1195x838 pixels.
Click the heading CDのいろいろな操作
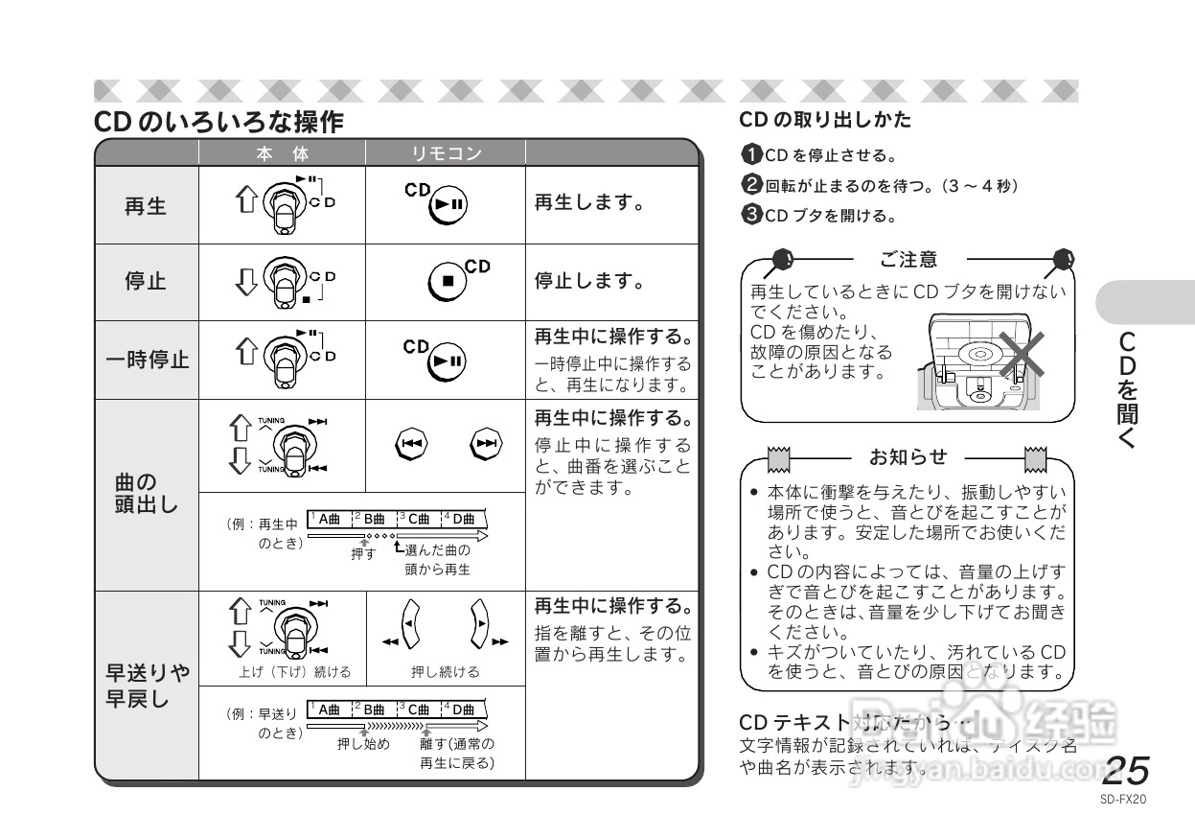[x=218, y=123]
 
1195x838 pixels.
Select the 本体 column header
[x=282, y=153]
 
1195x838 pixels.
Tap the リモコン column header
[x=446, y=153]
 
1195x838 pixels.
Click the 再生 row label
[x=146, y=205]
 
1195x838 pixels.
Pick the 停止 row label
[x=146, y=282]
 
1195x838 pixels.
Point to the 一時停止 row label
[x=147, y=360]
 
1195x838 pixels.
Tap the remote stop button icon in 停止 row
[x=448, y=281]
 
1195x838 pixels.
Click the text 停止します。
[x=588, y=281]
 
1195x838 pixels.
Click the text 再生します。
[x=588, y=204]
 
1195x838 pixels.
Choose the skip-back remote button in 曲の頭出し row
[x=411, y=443]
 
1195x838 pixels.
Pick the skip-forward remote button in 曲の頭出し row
[x=487, y=443]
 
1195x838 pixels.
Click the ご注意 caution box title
[x=908, y=259]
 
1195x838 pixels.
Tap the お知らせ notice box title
[x=908, y=456]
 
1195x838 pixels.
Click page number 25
[x=1125, y=770]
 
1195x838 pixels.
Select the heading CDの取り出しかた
[x=825, y=120]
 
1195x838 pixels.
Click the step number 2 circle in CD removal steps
[x=751, y=185]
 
